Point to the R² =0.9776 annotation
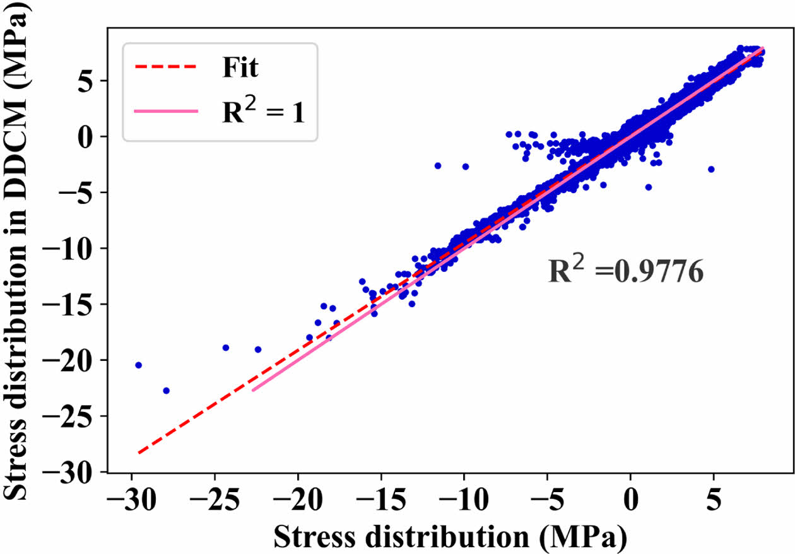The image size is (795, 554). [625, 273]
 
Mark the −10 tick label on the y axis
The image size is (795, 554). [73, 248]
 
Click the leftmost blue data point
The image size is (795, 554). [138, 365]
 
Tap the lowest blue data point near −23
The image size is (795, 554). [166, 391]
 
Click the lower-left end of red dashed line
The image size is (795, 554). [139, 452]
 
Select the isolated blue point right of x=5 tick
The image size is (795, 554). [711, 169]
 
